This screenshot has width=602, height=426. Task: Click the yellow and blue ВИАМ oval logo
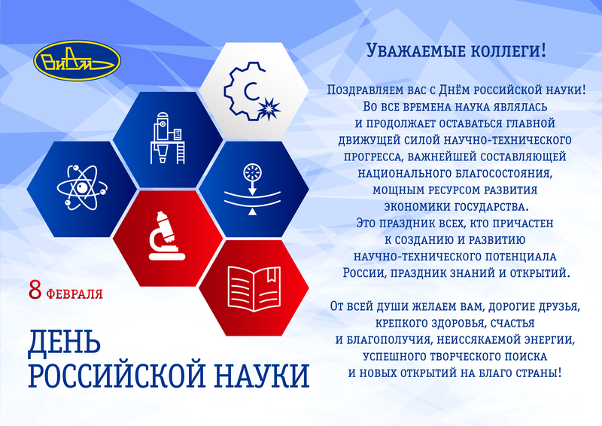click(x=78, y=60)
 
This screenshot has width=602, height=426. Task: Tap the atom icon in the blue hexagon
click(x=82, y=188)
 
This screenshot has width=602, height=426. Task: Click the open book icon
click(x=254, y=288)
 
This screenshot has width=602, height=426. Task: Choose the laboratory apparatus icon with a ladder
click(x=167, y=138)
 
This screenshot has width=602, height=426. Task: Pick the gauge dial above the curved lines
click(x=252, y=172)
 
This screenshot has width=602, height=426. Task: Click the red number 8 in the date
click(x=35, y=291)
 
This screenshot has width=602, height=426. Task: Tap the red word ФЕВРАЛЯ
click(x=74, y=294)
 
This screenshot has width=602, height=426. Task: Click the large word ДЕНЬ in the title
click(x=64, y=341)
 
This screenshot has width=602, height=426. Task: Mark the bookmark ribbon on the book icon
click(x=272, y=274)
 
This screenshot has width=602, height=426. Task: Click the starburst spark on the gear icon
click(x=269, y=109)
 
